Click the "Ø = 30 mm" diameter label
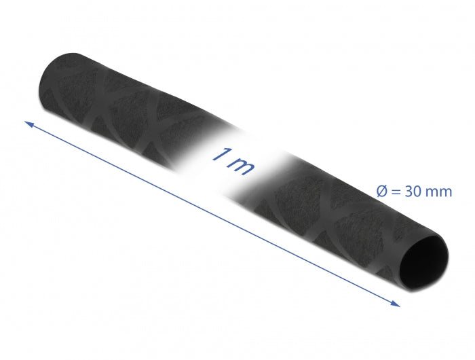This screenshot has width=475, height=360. click(x=415, y=192)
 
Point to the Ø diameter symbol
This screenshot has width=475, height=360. click(x=383, y=192)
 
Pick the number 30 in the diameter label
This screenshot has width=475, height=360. click(x=415, y=192)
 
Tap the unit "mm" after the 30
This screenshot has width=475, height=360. click(x=439, y=192)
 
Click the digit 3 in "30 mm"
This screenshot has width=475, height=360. click(x=410, y=192)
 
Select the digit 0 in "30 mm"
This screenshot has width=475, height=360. click(x=419, y=192)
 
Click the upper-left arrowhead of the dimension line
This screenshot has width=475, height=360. click(x=29, y=124)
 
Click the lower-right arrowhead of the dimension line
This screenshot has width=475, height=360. click(x=395, y=303)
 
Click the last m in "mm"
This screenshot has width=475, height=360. click(x=445, y=192)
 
